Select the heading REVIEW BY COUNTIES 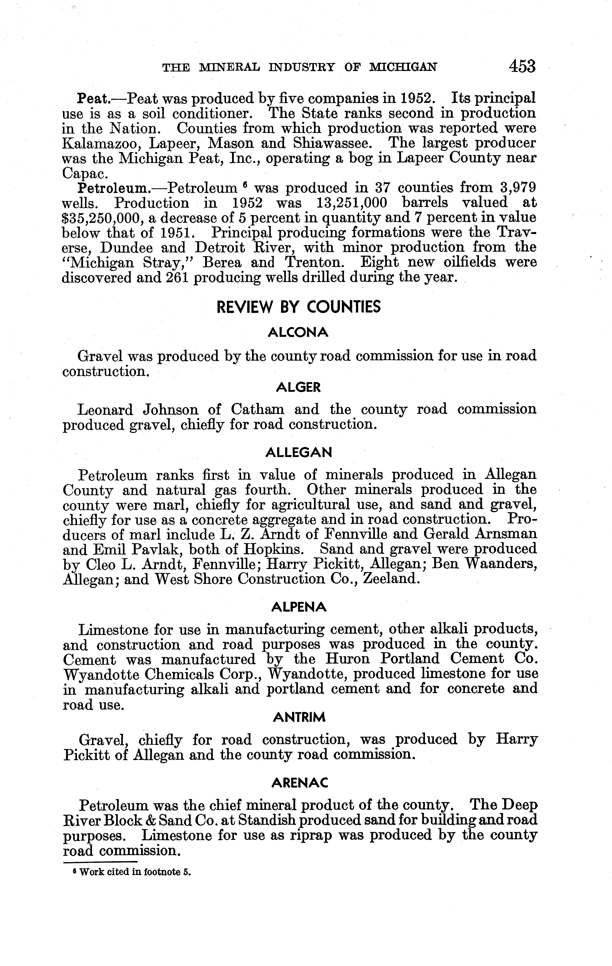coord(299,307)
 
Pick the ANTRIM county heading coord(299,717)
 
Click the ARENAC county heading coord(299,782)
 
